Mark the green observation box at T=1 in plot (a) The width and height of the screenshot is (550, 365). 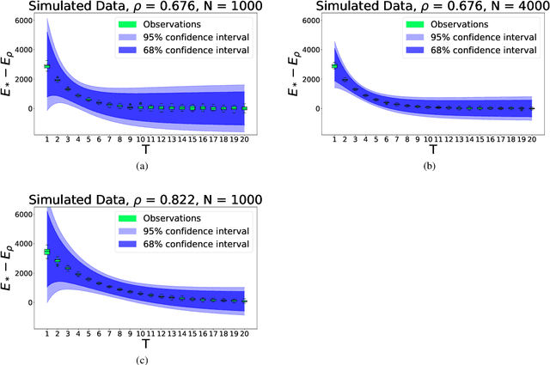tap(46, 65)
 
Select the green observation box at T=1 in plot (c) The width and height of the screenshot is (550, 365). tap(46, 251)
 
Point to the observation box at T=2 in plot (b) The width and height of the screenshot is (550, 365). tap(345, 80)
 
